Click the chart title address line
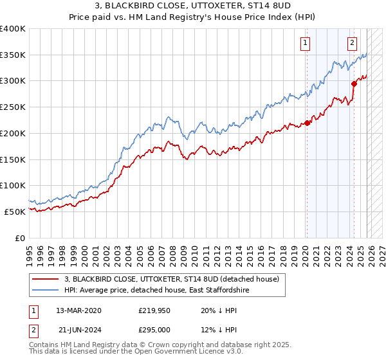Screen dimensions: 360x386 click(193, 6)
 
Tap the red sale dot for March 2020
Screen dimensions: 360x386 click(307, 123)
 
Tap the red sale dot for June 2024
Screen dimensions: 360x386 click(354, 83)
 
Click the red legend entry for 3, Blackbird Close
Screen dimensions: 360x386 click(171, 279)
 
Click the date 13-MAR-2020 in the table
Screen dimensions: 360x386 click(78, 310)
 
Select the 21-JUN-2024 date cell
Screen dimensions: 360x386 click(78, 329)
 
